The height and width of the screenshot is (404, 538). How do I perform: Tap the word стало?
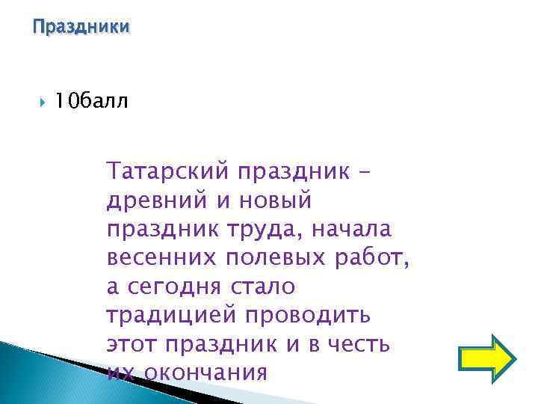pyautogui.click(x=265, y=286)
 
